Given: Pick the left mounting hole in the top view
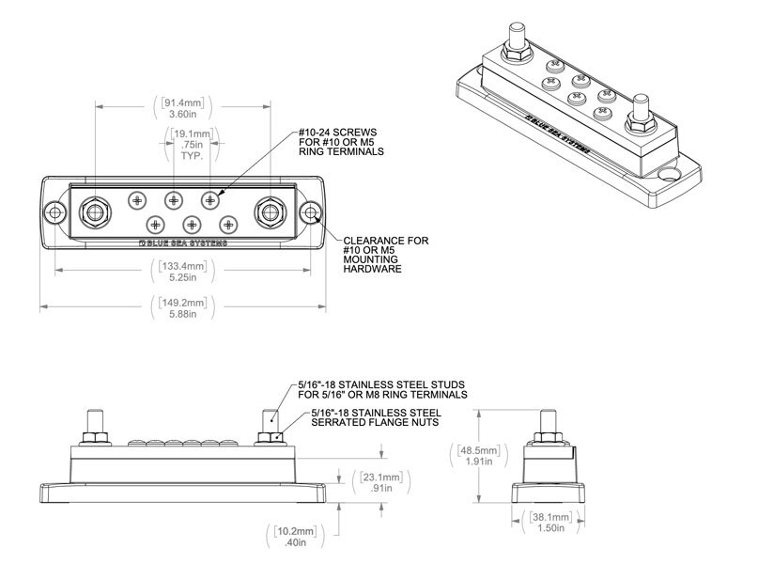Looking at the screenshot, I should (x=55, y=213).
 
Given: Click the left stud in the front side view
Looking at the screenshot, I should (x=95, y=422).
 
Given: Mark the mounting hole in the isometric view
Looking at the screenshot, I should (x=670, y=175).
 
